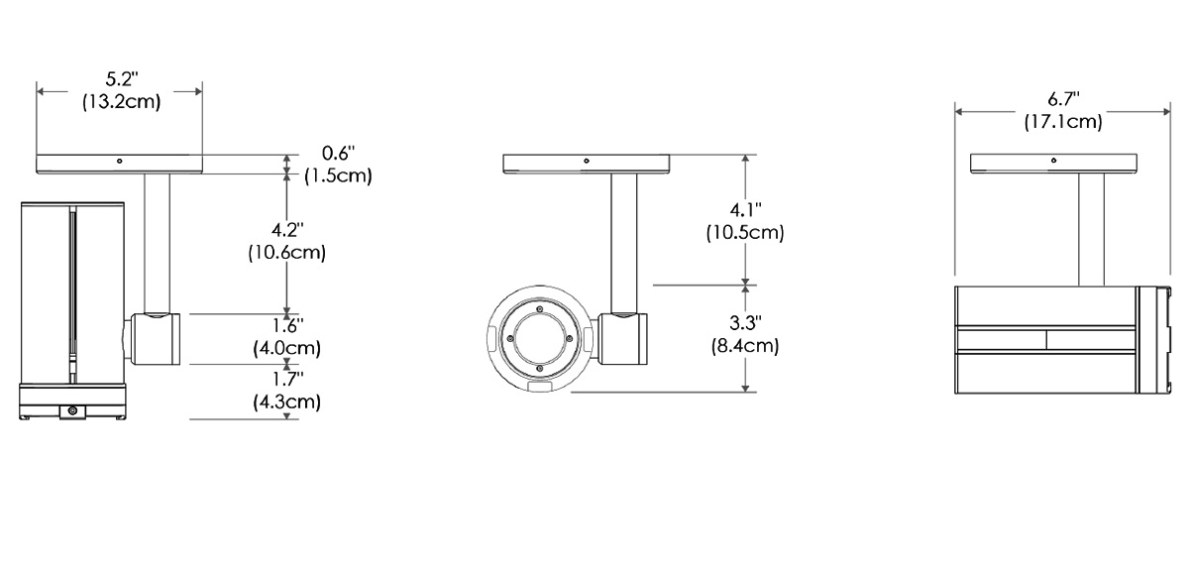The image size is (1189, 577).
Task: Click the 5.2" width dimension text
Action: click(x=121, y=79)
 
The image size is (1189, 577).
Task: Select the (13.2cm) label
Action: click(x=121, y=101)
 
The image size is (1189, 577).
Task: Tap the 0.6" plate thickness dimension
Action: click(x=339, y=154)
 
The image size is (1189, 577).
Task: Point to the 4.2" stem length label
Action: click(x=285, y=231)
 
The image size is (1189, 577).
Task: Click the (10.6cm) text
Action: click(x=286, y=252)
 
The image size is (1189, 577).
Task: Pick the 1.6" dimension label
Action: click(x=285, y=326)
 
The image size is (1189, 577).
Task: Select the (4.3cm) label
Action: click(x=285, y=402)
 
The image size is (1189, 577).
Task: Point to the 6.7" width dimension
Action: click(x=1063, y=99)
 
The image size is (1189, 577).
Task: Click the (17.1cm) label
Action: click(x=1063, y=121)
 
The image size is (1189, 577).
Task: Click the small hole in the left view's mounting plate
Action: click(x=119, y=161)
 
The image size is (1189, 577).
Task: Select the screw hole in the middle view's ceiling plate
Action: click(x=586, y=160)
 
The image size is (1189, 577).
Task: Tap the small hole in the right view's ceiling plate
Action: click(x=1053, y=160)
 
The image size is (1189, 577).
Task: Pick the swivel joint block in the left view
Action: click(x=155, y=337)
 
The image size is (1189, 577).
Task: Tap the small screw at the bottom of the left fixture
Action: click(x=72, y=410)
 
